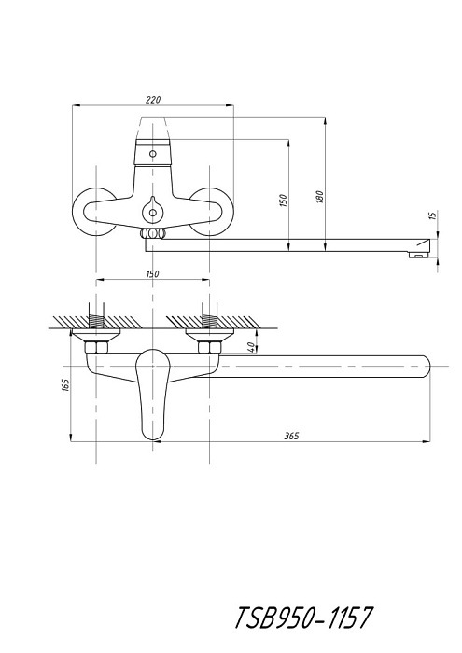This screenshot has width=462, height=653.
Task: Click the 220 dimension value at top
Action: pos(153,100)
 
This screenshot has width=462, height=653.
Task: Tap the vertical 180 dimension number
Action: pos(320,197)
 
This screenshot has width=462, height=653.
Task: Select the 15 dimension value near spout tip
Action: pos(432,215)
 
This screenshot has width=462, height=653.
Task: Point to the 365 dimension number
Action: pos(291,436)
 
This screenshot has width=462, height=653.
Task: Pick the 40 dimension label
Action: pos(251,348)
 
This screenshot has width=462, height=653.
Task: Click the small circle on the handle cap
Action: pos(153,154)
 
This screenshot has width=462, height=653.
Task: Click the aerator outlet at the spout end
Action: pos(419,254)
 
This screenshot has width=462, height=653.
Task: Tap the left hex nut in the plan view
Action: pos(96,347)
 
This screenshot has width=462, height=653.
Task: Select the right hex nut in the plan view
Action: pos(210,347)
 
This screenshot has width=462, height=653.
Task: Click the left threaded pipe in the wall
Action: pos(96,320)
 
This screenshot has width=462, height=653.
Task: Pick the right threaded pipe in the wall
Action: pos(210,320)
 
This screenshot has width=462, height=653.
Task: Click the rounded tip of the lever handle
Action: pos(152,438)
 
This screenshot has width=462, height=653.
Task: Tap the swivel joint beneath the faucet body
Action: pos(152,233)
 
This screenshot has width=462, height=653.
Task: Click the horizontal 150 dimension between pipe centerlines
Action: pos(152,273)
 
